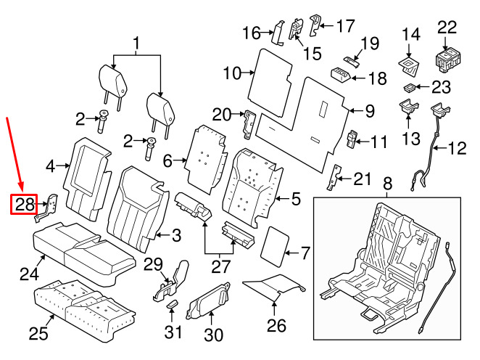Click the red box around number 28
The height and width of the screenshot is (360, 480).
point(25,205)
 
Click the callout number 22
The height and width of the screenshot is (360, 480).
point(447,28)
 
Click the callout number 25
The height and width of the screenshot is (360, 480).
point(37,333)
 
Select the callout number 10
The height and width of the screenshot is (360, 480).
point(231,73)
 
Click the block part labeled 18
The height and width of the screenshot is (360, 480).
point(341,73)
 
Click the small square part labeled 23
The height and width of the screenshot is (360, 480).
point(410,89)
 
